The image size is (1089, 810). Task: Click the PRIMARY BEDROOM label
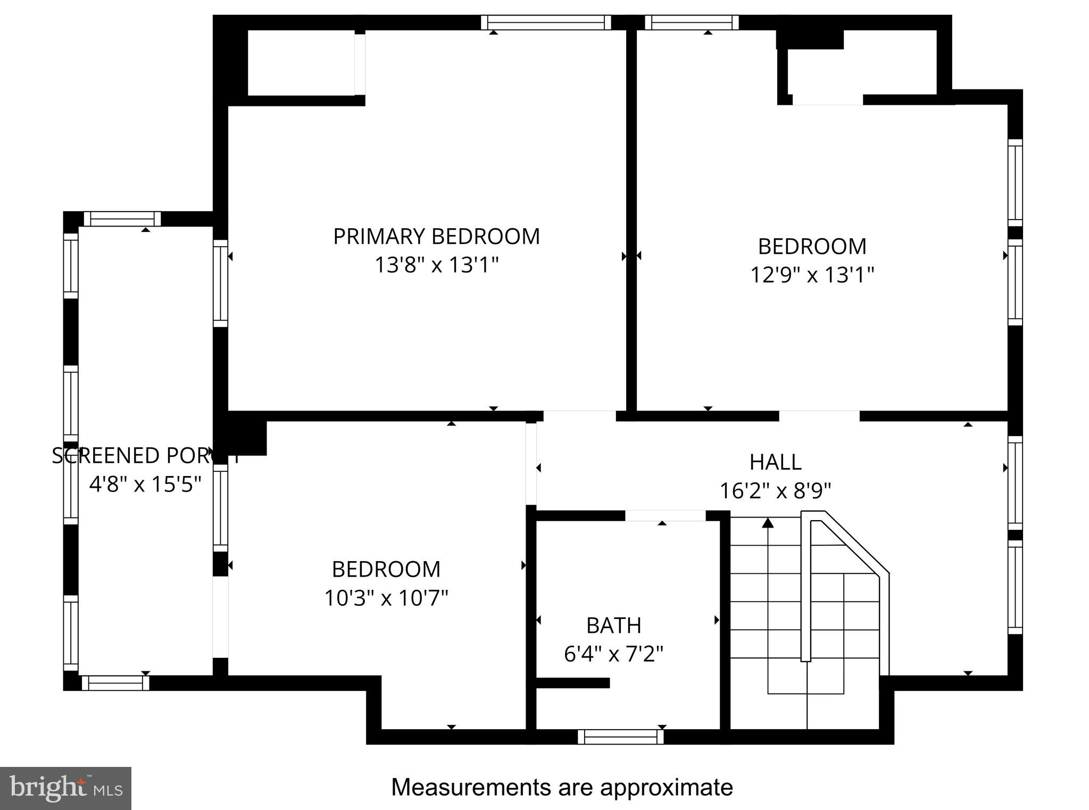[436, 237]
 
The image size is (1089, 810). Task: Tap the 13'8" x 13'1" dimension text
[436, 265]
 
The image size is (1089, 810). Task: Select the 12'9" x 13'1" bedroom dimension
[812, 275]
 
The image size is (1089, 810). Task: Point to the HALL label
[775, 462]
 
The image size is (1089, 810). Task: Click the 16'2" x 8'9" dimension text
[775, 490]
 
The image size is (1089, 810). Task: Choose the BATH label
[613, 625]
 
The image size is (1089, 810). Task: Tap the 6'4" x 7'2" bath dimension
[613, 654]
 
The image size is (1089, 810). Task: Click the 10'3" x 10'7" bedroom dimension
[386, 598]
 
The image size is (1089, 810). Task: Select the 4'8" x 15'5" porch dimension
[145, 485]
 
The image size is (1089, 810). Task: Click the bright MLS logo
[65, 788]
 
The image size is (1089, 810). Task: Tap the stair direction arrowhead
[767, 523]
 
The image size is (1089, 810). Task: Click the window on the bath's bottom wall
[620, 737]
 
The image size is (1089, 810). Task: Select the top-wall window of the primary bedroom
[546, 22]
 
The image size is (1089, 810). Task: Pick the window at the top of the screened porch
[122, 219]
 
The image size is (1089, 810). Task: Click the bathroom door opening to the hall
[665, 515]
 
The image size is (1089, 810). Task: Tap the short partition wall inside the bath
[572, 683]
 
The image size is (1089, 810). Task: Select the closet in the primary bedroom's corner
[301, 63]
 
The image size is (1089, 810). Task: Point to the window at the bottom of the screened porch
[115, 683]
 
